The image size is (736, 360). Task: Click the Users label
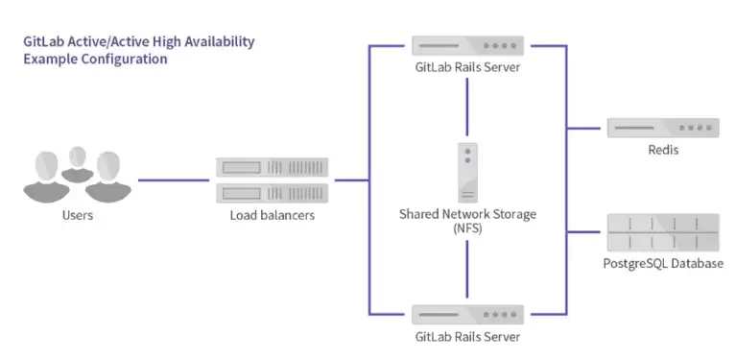(78, 215)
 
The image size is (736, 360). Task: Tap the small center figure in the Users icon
(77, 164)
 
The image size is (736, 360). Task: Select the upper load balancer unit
(272, 167)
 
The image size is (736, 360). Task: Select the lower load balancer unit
(272, 193)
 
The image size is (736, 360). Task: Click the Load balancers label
(273, 215)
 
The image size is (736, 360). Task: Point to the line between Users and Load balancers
(173, 180)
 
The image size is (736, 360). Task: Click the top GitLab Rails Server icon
(467, 46)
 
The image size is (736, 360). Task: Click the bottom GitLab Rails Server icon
(467, 315)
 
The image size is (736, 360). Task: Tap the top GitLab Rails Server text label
(467, 67)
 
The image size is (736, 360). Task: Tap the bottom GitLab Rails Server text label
(467, 337)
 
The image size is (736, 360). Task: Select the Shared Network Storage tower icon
(467, 173)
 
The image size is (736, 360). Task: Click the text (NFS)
(467, 229)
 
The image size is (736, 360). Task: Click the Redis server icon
(663, 128)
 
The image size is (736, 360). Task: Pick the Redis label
(663, 150)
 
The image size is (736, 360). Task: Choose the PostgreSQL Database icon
(663, 232)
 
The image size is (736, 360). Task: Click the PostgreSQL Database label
(663, 263)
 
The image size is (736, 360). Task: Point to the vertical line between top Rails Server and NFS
(467, 107)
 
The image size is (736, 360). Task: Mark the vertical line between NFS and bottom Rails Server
(467, 269)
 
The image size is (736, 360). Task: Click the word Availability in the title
(219, 42)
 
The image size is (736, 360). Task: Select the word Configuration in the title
(124, 60)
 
